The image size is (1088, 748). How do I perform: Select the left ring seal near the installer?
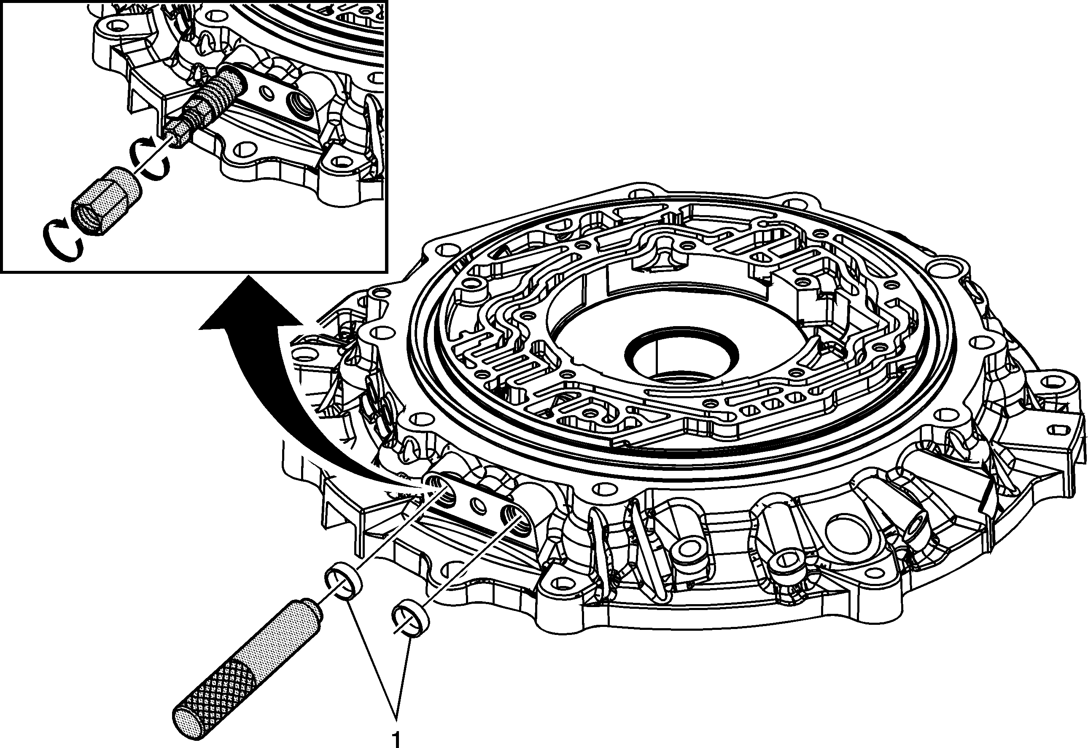point(344,582)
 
